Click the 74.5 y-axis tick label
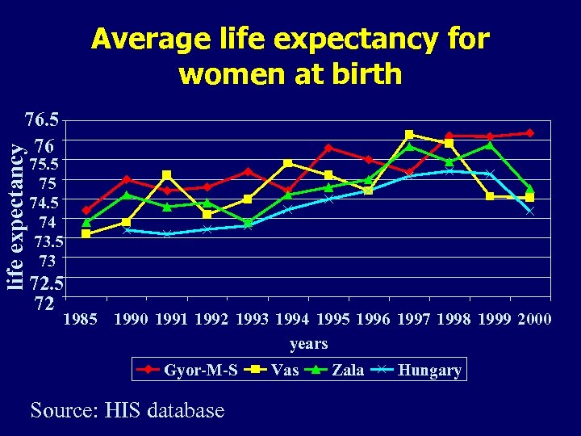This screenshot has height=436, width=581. [x=44, y=202]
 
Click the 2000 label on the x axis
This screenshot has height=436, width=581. [x=534, y=319]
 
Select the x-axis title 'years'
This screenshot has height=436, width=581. [x=308, y=344]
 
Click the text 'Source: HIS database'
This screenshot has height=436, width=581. [x=127, y=411]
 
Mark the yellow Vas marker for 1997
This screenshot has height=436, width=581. [x=409, y=134]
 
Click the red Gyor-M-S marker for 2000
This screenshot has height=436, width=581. [x=530, y=132]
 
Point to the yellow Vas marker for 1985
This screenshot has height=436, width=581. [x=86, y=233]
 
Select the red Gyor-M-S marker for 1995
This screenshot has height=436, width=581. [x=328, y=148]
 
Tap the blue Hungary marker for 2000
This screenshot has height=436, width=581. [x=530, y=211]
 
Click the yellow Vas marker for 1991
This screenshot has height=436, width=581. [x=167, y=174]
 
